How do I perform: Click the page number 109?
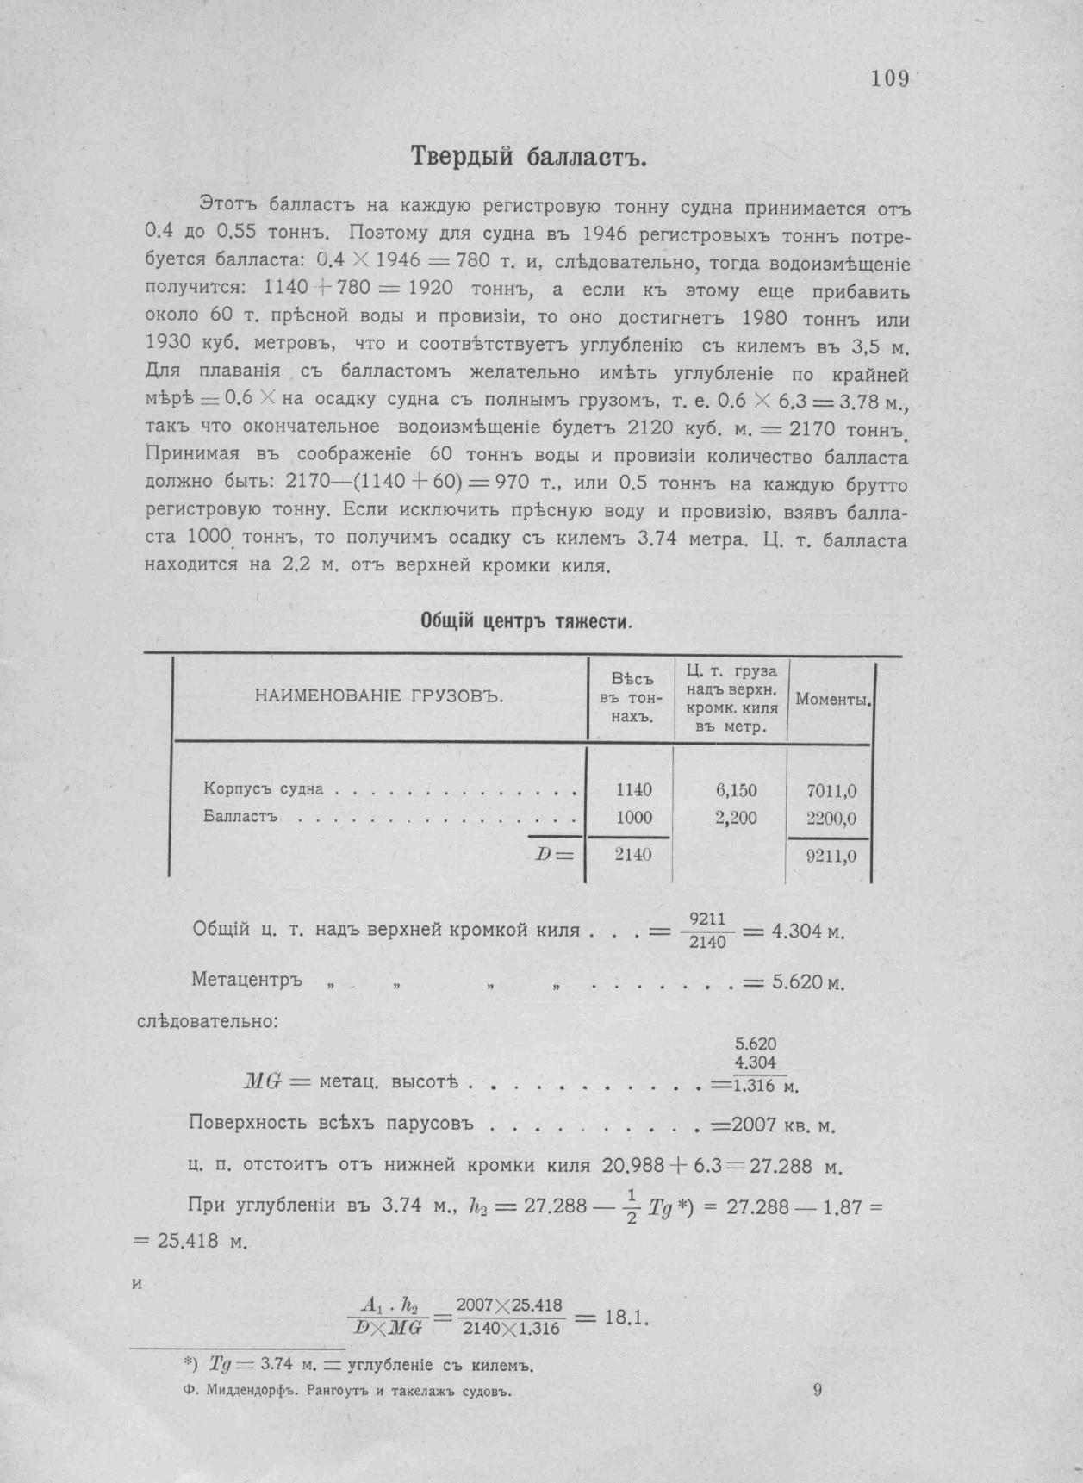coord(889,79)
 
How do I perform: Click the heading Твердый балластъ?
coord(528,158)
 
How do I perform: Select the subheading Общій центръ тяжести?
coord(526,621)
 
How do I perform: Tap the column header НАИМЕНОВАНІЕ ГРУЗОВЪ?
coord(379,696)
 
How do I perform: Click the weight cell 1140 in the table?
coord(634,790)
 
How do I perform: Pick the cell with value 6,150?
coord(736,790)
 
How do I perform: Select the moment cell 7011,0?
coord(831,791)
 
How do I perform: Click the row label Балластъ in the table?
coord(240,818)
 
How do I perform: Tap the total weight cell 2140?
coord(634,855)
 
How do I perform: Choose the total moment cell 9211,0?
coord(831,857)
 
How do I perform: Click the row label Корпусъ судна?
coord(264,789)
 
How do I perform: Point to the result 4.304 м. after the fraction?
coord(806,932)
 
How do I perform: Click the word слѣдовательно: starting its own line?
coord(208,1022)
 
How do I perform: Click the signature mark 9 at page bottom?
coord(817,1389)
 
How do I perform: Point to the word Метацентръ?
coord(246,981)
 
